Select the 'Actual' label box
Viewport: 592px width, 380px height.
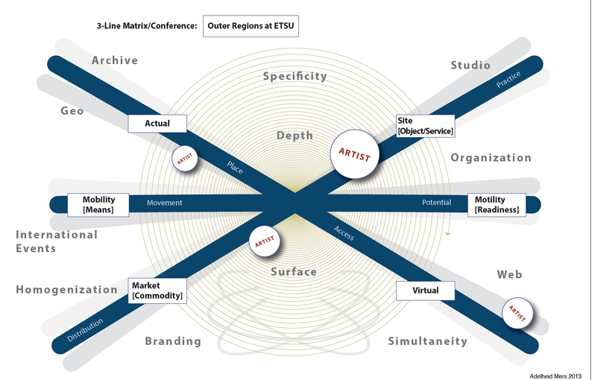pyautogui.click(x=157, y=124)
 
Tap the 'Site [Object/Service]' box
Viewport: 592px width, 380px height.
pyautogui.click(x=425, y=125)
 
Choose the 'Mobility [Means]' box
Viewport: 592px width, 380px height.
pyautogui.click(x=98, y=204)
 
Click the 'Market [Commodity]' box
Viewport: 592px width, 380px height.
pyautogui.click(x=157, y=291)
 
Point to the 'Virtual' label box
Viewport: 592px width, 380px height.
pyautogui.click(x=425, y=290)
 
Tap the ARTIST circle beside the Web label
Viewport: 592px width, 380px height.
pyautogui.click(x=517, y=312)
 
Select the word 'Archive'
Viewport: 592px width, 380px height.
pyautogui.click(x=115, y=60)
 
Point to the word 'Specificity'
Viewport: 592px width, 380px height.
pyautogui.click(x=295, y=76)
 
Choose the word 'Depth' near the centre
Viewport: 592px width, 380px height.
pyautogui.click(x=295, y=136)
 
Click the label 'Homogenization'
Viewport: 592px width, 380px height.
pyautogui.click(x=67, y=289)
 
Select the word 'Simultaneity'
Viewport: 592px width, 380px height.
pyautogui.click(x=428, y=341)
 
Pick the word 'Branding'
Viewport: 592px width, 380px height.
pyautogui.click(x=173, y=341)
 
